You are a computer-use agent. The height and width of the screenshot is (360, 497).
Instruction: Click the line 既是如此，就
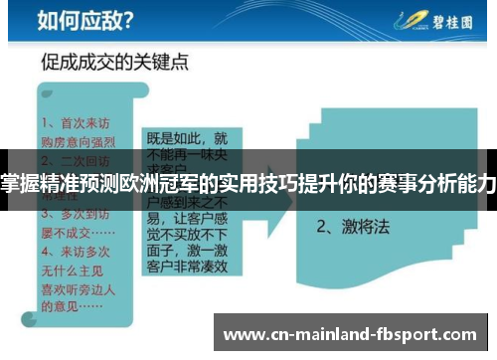[187, 138]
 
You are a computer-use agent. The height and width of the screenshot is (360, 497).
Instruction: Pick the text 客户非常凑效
[187, 277]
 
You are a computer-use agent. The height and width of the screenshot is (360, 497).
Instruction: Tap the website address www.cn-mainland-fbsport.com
[353, 335]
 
